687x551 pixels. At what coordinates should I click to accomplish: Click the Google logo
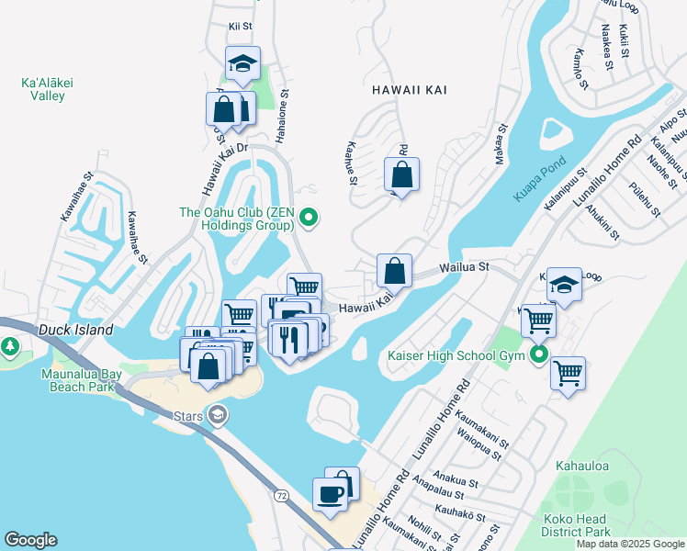pos(30,540)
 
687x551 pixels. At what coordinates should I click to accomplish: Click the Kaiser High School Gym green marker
pos(540,354)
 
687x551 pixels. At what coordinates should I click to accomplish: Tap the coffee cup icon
pos(330,494)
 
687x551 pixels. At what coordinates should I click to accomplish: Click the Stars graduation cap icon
pos(217,414)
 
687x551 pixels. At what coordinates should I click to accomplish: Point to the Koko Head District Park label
pos(576,525)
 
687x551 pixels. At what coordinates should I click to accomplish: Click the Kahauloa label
pos(581,466)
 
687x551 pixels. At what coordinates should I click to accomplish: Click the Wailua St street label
pos(466,267)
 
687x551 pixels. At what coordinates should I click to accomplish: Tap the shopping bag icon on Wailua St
pos(394,271)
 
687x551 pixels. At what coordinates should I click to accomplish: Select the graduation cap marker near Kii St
pos(242,63)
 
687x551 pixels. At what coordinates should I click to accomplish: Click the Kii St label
pos(240,26)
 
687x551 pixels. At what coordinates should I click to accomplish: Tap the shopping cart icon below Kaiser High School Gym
pos(569,373)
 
